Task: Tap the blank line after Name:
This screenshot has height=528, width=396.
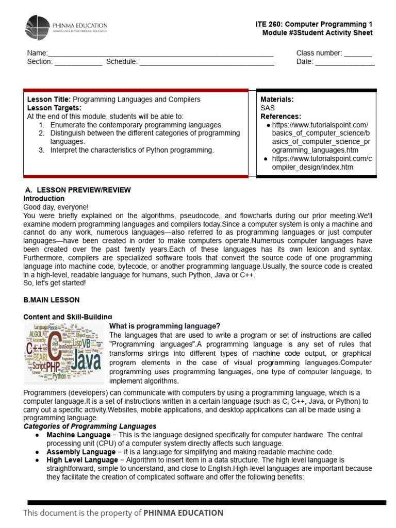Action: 160,54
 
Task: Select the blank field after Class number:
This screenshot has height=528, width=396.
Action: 358,53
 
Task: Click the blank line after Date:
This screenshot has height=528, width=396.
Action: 344,62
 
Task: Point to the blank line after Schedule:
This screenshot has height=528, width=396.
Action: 207,62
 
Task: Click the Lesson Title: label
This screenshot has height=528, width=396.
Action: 49,100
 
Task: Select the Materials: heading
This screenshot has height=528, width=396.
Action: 277,100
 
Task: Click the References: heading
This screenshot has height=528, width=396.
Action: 280,117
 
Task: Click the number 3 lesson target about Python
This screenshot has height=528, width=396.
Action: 131,150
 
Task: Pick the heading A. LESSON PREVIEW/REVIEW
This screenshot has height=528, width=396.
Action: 77,190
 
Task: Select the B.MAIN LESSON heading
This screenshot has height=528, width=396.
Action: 52,300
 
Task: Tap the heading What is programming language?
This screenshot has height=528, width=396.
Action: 165,326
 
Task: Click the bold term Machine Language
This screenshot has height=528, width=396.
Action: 78,435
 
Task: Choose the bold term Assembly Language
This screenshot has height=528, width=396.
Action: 80,452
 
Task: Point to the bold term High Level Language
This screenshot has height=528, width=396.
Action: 82,460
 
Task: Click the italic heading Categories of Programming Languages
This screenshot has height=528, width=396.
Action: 90,426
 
